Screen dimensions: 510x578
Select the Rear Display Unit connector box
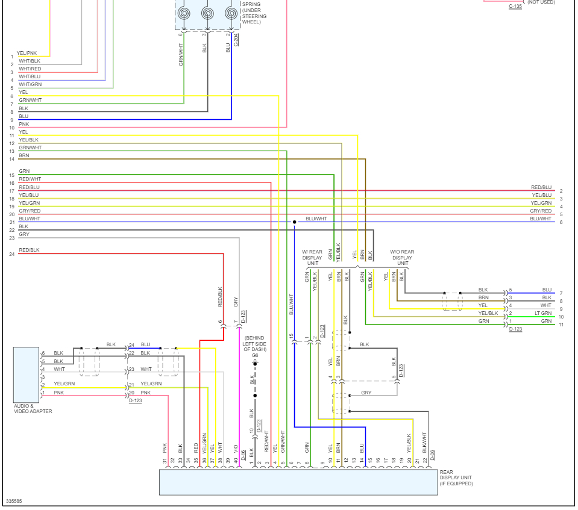298,482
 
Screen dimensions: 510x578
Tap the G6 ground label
255,356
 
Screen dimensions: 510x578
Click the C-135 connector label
515,7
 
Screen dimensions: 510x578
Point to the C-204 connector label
236,40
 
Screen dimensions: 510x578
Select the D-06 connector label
432,456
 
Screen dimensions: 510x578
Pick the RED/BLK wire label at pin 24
29,250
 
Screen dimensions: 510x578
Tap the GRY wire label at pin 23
24,234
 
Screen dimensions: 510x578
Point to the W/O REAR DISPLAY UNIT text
403,257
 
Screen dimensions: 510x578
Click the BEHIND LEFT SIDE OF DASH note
255,343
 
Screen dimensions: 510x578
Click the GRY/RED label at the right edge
541,211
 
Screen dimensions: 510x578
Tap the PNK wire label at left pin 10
24,124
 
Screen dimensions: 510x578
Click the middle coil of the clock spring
207,13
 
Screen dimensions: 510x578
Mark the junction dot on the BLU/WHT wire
295,222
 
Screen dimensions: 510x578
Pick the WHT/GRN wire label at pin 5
30,84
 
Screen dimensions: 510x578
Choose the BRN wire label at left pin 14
24,155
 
